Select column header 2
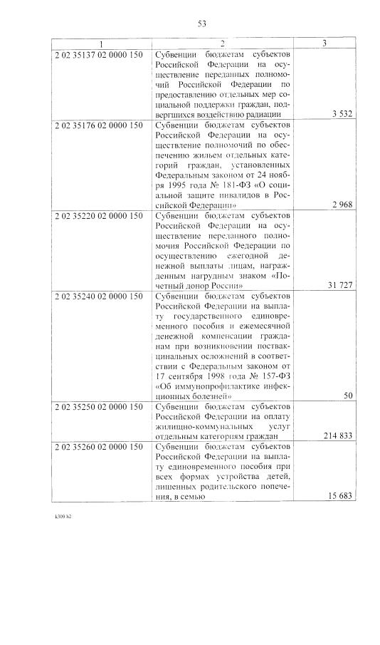[222, 44]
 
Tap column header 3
[324, 44]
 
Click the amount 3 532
[342, 114]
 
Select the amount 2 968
[342, 205]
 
